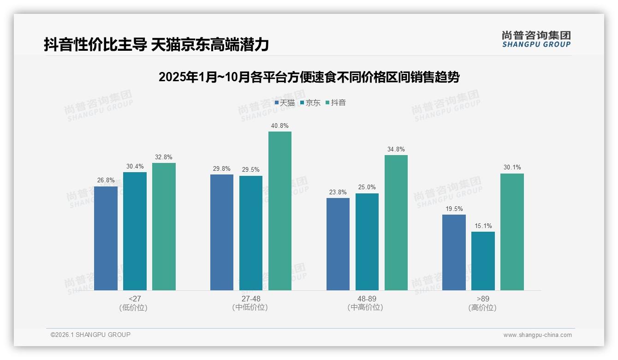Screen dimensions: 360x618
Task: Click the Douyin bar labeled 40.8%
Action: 280,211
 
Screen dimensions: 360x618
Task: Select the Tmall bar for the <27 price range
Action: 106,238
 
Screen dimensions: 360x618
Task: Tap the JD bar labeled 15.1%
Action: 483,261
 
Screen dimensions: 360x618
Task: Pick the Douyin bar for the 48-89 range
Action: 396,222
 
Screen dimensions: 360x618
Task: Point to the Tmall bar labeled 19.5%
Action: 454,252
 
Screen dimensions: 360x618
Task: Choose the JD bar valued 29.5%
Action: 251,233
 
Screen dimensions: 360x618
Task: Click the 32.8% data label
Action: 164,157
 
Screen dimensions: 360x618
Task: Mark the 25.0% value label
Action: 367,187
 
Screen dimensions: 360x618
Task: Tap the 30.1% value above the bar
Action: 512,168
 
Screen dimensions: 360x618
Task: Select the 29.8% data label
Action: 222,168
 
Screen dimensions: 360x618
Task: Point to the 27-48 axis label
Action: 250,299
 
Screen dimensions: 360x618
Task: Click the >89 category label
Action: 482,299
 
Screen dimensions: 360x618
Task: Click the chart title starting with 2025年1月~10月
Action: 309,77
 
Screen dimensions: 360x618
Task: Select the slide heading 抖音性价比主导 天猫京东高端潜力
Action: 156,45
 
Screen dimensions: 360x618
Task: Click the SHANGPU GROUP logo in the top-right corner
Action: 536,39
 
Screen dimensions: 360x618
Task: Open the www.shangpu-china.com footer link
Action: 537,335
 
